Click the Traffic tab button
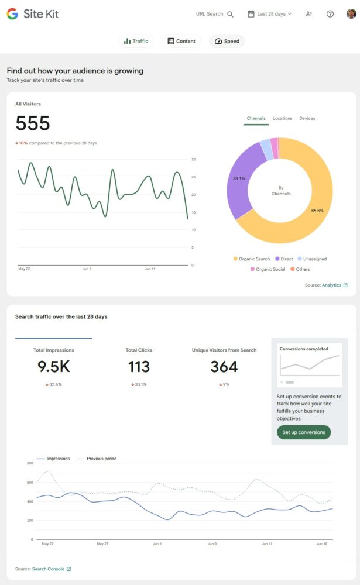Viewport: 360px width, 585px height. click(x=136, y=41)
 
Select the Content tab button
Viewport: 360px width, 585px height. click(x=181, y=41)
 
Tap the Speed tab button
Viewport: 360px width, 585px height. click(x=227, y=41)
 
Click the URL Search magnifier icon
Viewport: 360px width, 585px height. click(x=230, y=14)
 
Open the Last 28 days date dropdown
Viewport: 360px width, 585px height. click(x=269, y=14)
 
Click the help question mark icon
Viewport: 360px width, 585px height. click(x=330, y=14)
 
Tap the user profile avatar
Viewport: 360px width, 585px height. click(x=350, y=14)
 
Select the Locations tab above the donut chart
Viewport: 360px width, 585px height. click(x=282, y=118)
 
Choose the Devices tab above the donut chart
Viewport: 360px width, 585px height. click(x=307, y=118)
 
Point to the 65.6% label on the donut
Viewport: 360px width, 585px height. click(x=317, y=211)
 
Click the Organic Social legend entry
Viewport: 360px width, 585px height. click(x=268, y=269)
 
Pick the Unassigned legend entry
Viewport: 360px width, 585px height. click(x=312, y=259)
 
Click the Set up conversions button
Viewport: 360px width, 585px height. click(x=304, y=432)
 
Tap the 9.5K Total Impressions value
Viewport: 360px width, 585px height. click(x=54, y=367)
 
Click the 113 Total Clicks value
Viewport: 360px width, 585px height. click(x=139, y=367)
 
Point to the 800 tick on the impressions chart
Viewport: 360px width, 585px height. click(x=29, y=463)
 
